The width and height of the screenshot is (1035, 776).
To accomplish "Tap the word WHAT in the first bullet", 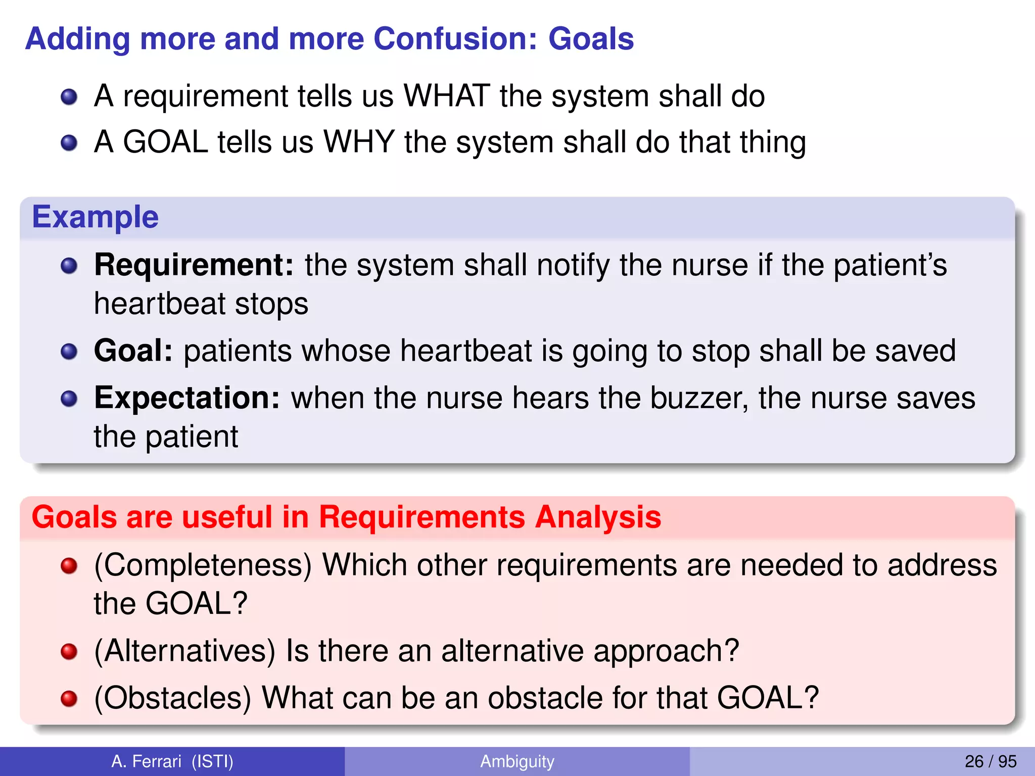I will point(447,96).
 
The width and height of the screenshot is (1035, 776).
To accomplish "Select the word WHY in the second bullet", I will point(359,142).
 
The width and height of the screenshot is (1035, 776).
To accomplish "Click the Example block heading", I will point(96,217).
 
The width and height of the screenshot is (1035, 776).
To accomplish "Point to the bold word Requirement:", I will point(194,265).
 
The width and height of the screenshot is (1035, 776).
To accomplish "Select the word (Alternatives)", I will point(185,651).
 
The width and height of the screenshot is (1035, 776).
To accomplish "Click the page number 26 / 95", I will point(990,761).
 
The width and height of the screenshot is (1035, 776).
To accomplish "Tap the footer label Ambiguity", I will point(517,761).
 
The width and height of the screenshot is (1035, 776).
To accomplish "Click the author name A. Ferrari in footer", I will point(147,761).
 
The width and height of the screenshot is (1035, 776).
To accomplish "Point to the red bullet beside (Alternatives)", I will point(69,652).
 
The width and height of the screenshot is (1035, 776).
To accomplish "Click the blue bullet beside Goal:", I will point(69,352).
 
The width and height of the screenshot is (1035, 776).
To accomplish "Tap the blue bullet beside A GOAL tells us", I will point(69,143).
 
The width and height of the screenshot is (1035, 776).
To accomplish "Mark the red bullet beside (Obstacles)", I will point(69,699).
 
